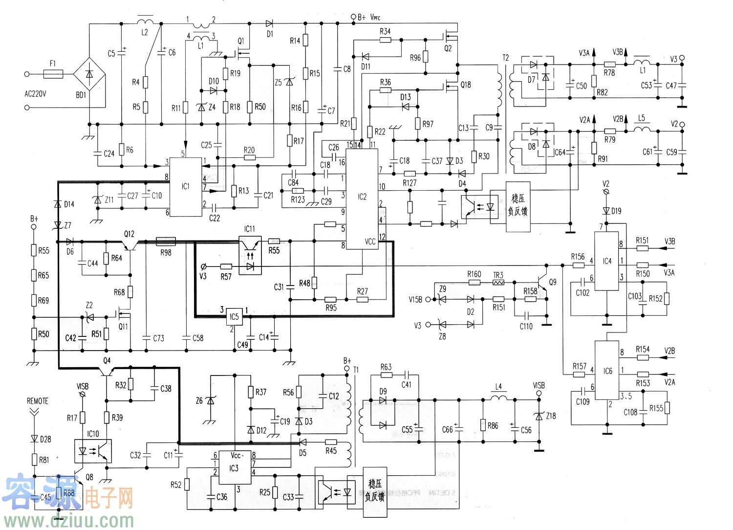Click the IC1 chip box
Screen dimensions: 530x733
[x=185, y=187]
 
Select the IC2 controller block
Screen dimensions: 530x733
[x=362, y=198]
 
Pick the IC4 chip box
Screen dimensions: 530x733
[x=606, y=261]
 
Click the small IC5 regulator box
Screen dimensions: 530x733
[x=234, y=317]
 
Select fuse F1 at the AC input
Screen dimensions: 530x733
[x=53, y=74]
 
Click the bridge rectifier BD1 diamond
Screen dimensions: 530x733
[x=89, y=74]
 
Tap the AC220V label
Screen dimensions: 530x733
[x=35, y=94]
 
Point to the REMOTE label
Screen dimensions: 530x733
[x=38, y=401]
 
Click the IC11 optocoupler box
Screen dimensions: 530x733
[x=250, y=255]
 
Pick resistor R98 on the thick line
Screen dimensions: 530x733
[x=166, y=242]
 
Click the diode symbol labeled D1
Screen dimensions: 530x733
[x=269, y=23]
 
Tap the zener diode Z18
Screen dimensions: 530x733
[x=539, y=416]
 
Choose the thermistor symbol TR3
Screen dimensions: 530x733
[x=498, y=283]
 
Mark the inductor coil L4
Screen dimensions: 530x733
[x=498, y=398]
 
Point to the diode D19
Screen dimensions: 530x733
[x=606, y=211]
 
